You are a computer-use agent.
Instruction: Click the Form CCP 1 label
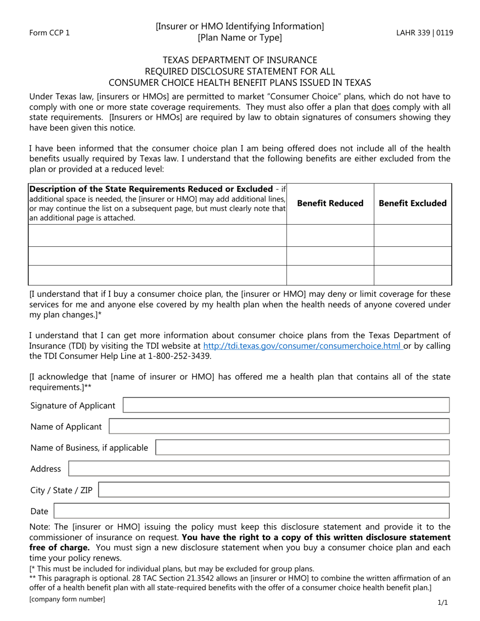pyautogui.click(x=50, y=33)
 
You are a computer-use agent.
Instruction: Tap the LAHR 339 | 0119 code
pyautogui.click(x=424, y=33)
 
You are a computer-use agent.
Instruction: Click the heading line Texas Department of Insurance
pyautogui.click(x=239, y=60)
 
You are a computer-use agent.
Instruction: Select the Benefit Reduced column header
pyautogui.click(x=330, y=203)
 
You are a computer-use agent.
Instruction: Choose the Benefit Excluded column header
pyautogui.click(x=412, y=203)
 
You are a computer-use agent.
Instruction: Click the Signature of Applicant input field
pyautogui.click(x=286, y=405)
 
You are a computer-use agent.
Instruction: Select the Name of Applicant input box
pyautogui.click(x=279, y=427)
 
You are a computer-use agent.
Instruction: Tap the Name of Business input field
pyautogui.click(x=302, y=448)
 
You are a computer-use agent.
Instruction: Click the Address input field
pyautogui.click(x=259, y=469)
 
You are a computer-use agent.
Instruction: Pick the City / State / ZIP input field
pyautogui.click(x=273, y=490)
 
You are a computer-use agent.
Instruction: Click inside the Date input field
pyautogui.click(x=251, y=511)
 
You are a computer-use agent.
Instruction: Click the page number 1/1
pyautogui.click(x=442, y=602)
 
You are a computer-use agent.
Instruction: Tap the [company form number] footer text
pyautogui.click(x=67, y=599)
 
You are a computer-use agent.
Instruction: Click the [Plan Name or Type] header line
pyautogui.click(x=239, y=38)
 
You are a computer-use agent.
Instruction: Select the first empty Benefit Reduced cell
pyautogui.click(x=330, y=235)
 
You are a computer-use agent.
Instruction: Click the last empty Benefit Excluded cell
pyautogui.click(x=412, y=275)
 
